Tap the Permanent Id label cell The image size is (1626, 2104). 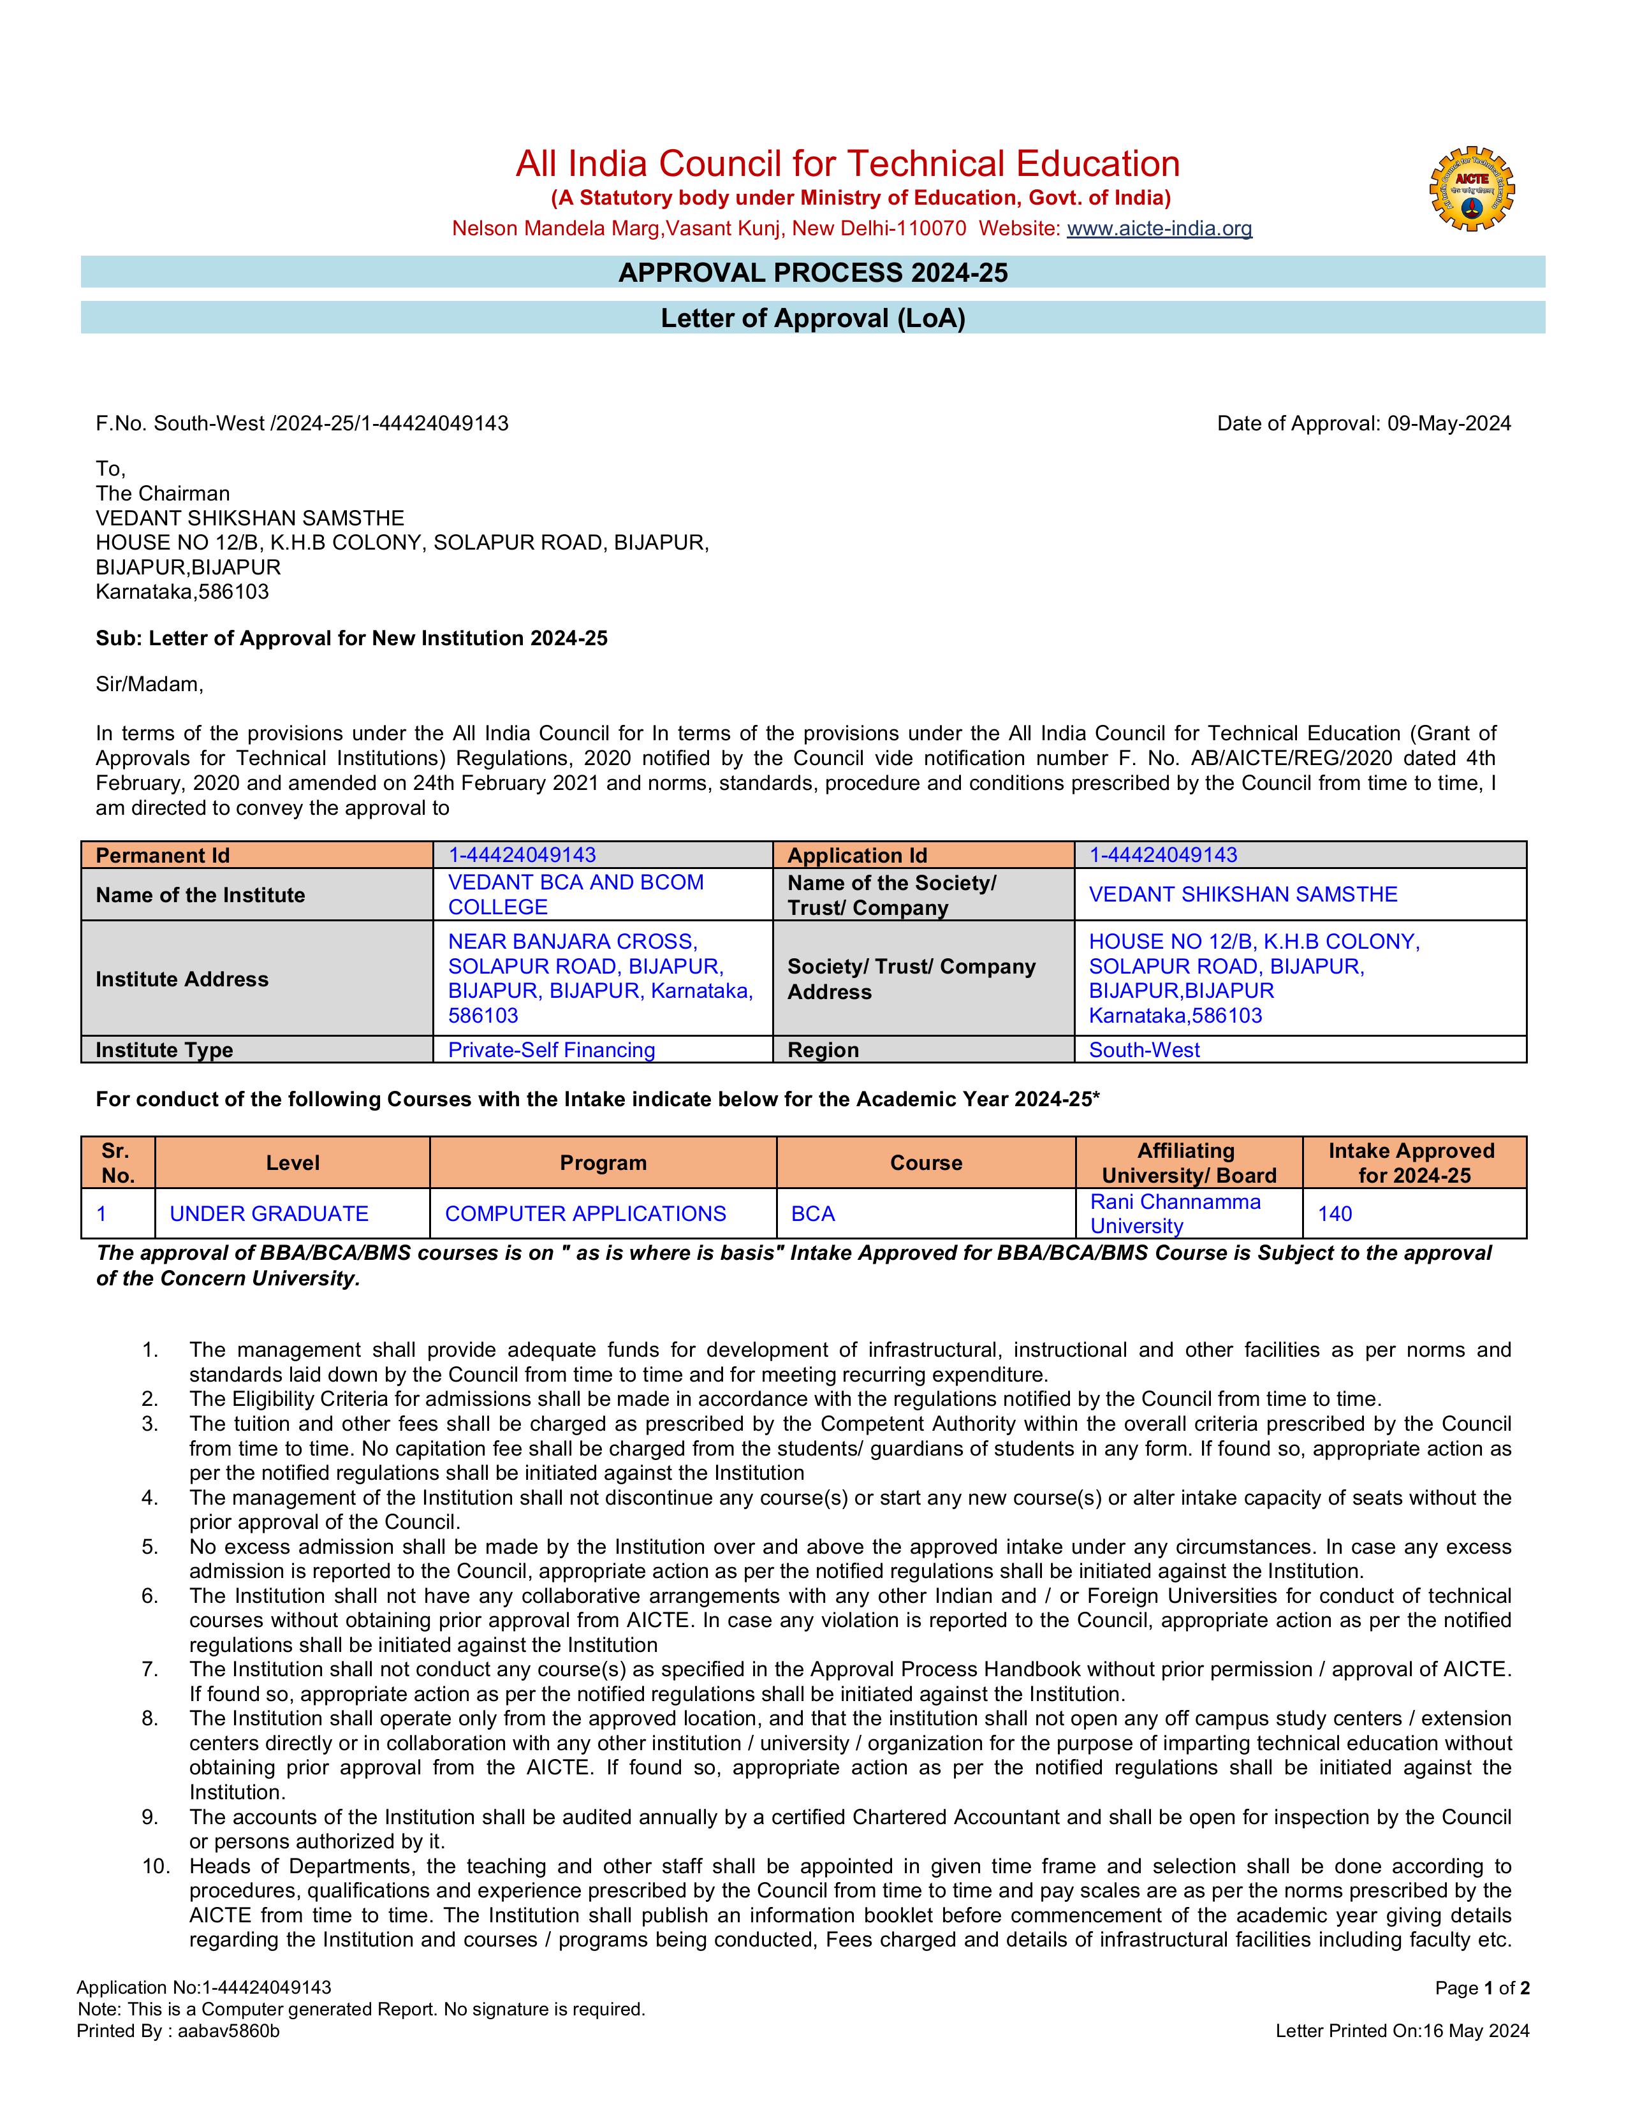tap(257, 856)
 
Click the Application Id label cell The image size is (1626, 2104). tap(923, 856)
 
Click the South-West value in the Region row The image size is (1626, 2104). tap(1145, 1050)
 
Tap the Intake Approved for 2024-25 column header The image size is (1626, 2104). tap(1413, 1163)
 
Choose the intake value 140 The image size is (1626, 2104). tap(1335, 1214)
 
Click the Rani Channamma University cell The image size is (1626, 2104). tap(1175, 1214)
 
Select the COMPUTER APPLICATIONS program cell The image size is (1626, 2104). tap(585, 1214)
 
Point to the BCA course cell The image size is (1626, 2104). tap(813, 1214)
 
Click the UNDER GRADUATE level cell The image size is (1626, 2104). tap(268, 1214)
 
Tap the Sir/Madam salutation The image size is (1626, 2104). tap(149, 684)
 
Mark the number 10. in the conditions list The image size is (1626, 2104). tap(155, 1867)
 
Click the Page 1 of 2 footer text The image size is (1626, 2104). tap(1481, 1989)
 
